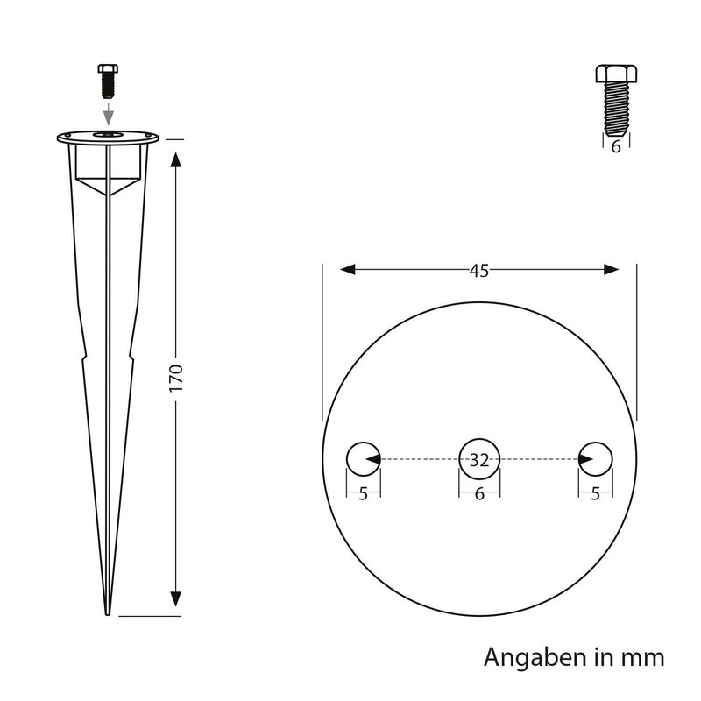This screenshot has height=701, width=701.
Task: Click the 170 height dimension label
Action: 175,377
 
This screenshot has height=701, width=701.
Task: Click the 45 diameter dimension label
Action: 478,270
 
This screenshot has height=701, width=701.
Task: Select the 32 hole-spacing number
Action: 478,458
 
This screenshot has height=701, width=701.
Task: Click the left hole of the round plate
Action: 361,457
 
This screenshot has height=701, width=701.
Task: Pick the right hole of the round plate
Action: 596,457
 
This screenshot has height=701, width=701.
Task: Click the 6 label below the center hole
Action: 478,494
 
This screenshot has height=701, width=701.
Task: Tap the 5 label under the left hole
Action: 362,494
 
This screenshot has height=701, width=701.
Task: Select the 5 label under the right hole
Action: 596,494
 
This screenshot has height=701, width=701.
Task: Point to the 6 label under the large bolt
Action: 615,147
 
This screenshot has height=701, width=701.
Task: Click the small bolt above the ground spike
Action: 106,81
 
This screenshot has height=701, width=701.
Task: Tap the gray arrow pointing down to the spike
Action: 106,114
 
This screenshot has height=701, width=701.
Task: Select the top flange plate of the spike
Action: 107,137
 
